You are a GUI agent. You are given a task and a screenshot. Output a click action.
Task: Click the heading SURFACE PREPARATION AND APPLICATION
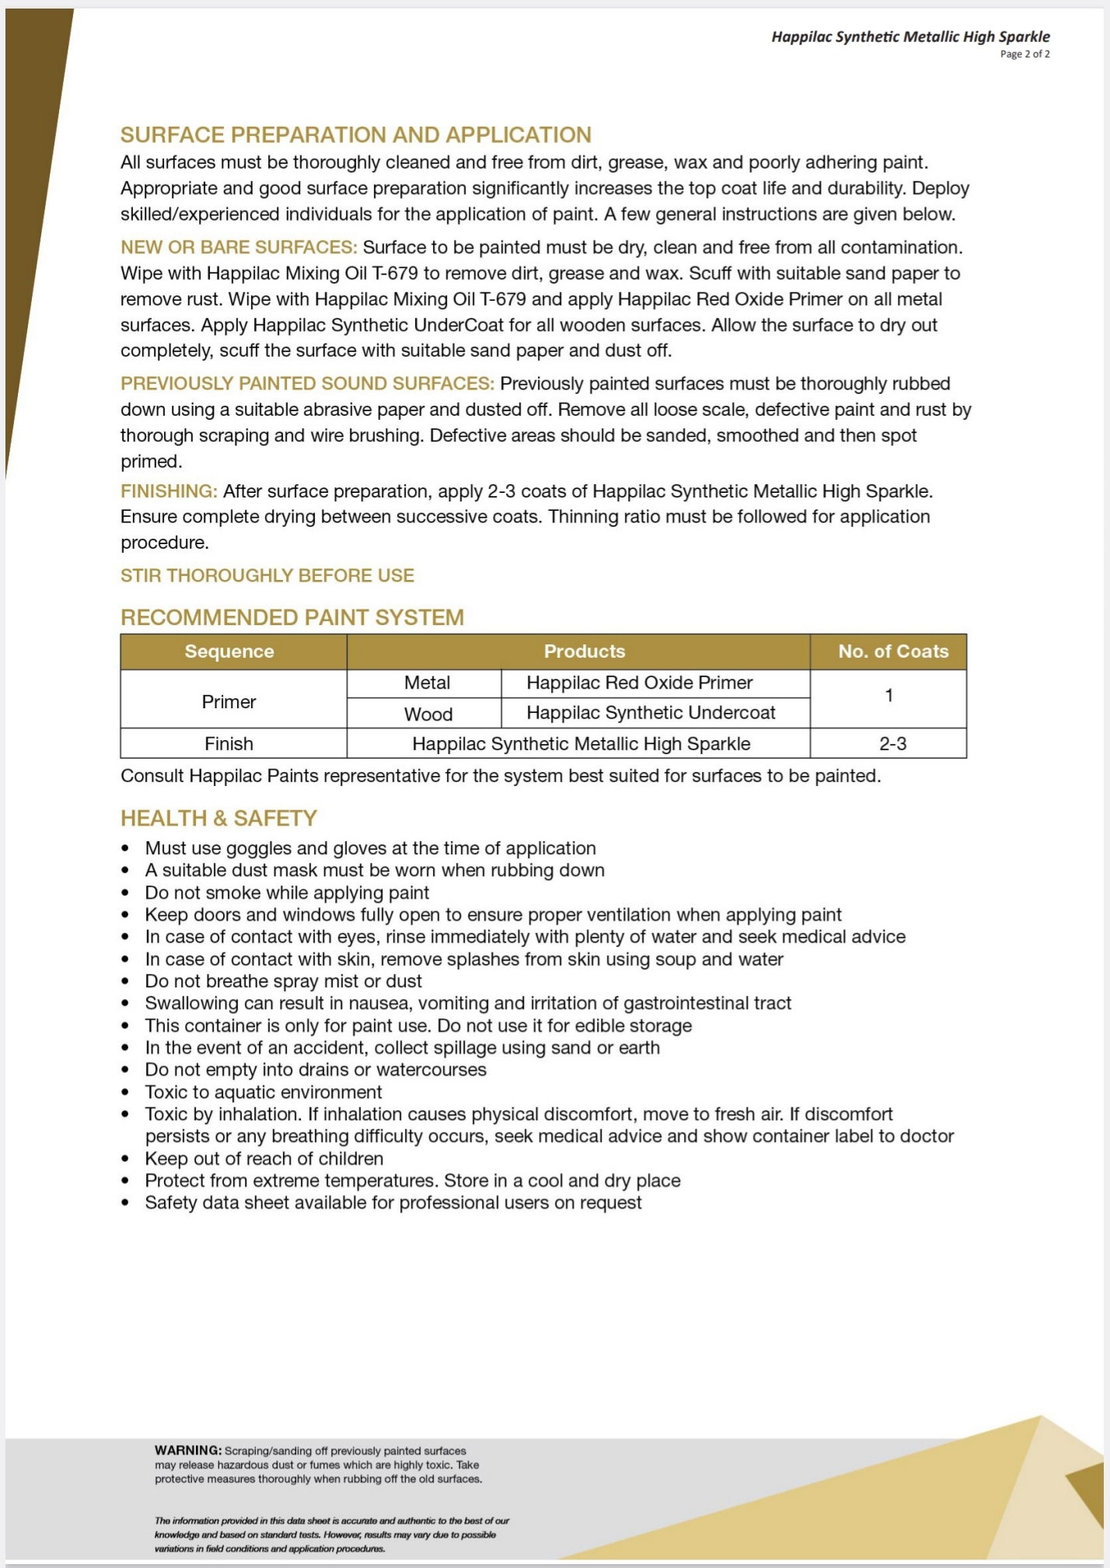(355, 135)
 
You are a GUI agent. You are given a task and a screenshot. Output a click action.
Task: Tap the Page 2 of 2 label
(1024, 54)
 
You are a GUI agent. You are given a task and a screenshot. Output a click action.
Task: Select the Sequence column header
(229, 651)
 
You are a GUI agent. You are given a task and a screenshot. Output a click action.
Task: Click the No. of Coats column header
(893, 651)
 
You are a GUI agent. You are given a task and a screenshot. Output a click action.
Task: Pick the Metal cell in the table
(427, 683)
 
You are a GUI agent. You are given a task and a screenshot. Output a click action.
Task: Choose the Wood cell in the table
(428, 714)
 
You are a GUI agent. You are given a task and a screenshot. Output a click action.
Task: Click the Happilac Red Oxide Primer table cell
(639, 683)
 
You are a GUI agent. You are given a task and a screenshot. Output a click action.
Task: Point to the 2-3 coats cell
(892, 744)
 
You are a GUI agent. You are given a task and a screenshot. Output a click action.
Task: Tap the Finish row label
(229, 744)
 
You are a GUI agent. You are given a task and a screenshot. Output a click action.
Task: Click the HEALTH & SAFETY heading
(218, 818)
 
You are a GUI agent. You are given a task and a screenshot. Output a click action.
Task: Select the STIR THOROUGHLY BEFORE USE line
(267, 575)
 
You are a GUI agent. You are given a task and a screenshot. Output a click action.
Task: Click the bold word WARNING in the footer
(187, 1451)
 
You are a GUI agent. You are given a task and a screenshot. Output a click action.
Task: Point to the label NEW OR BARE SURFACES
(238, 247)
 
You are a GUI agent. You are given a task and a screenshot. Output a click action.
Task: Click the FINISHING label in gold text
(168, 491)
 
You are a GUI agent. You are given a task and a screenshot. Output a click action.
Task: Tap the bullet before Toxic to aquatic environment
(125, 1092)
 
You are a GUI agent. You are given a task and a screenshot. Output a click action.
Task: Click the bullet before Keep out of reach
(125, 1159)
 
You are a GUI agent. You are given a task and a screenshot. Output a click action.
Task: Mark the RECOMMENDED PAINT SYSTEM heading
(291, 617)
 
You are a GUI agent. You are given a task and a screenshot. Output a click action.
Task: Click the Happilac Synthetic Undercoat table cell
(651, 713)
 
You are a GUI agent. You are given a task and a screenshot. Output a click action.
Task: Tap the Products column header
(584, 651)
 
